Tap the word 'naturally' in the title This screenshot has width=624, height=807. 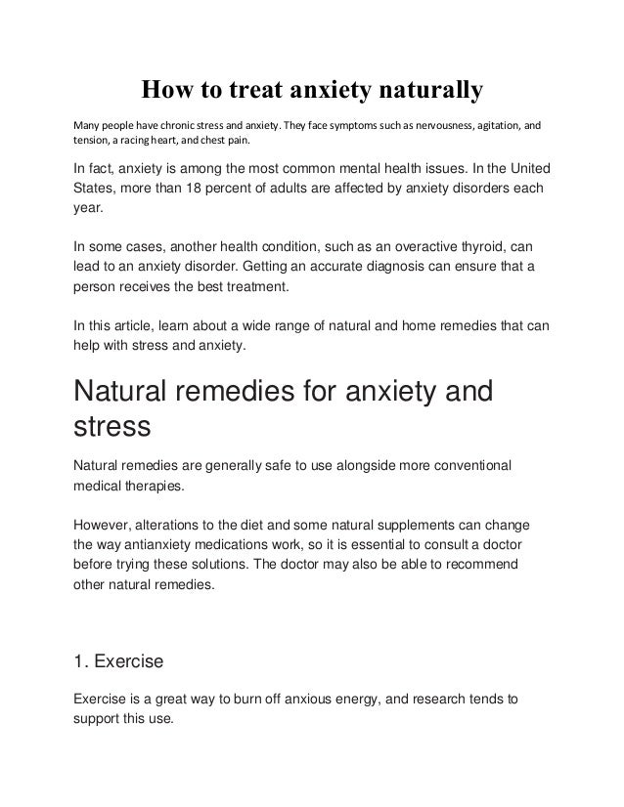(432, 92)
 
